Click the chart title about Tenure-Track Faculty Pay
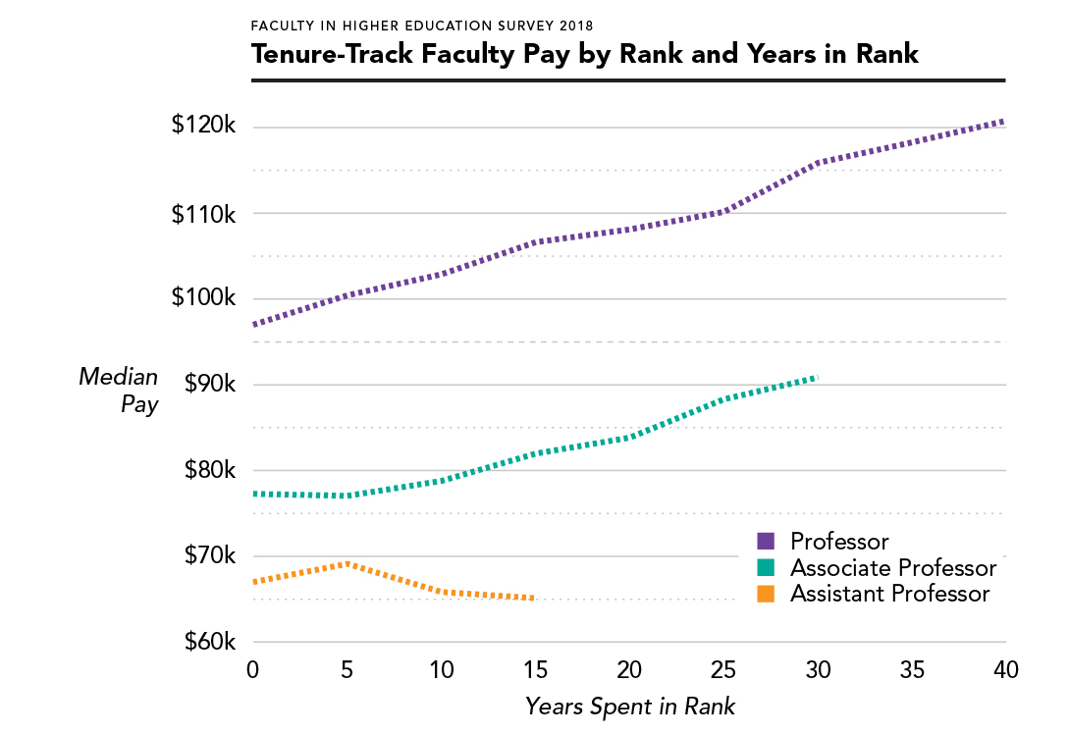[585, 54]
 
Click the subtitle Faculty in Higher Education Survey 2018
[422, 25]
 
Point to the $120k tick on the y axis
[203, 127]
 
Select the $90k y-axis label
[208, 384]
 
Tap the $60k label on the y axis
[208, 642]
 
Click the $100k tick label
[203, 298]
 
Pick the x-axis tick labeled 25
[722, 671]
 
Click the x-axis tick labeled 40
[1005, 671]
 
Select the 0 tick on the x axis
[253, 671]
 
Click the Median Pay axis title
[118, 390]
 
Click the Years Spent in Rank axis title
[629, 706]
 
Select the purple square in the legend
[767, 542]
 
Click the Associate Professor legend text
[893, 568]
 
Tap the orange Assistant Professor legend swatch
[767, 594]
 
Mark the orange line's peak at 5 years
[347, 563]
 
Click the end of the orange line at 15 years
[533, 598]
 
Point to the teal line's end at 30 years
[816, 377]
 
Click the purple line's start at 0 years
[254, 324]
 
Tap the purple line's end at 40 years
[1003, 122]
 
